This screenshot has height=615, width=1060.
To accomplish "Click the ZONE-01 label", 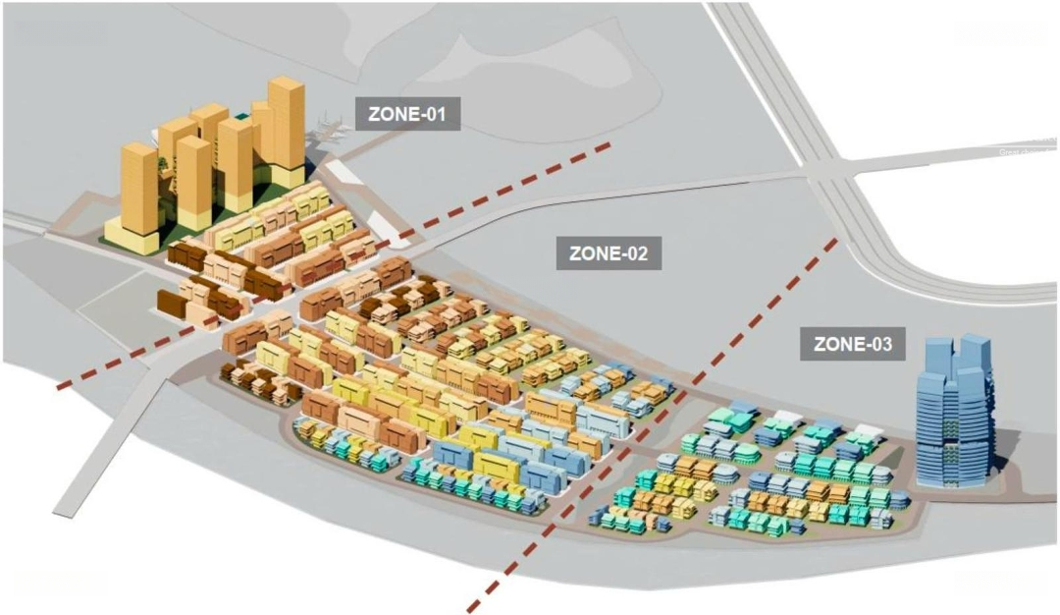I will click(x=407, y=114).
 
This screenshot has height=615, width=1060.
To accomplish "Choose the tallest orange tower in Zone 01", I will click(x=287, y=123).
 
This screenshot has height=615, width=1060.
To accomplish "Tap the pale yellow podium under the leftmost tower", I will click(x=132, y=239).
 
